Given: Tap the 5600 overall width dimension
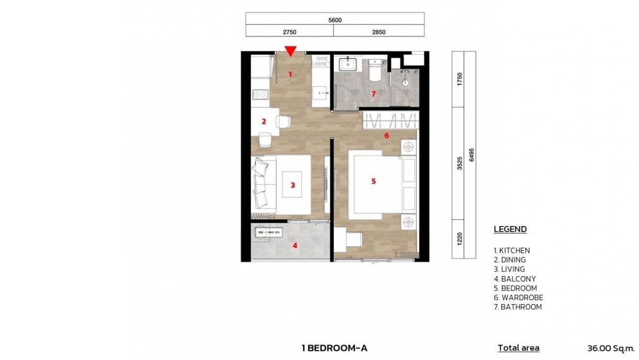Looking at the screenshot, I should point(335,20).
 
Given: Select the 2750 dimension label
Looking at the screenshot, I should point(290,32).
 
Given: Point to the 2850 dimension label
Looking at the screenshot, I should point(379,32).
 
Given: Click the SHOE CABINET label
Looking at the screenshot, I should point(319,61).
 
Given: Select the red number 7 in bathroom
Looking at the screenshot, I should point(373,93).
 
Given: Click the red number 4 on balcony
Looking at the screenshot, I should point(295,245).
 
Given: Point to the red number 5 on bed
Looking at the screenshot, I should point(373,181).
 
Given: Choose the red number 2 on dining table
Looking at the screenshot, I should point(264,121).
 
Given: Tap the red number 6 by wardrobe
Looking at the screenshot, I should point(386,135).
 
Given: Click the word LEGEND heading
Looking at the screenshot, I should point(510,229).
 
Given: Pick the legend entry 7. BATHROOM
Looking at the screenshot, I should point(518,307).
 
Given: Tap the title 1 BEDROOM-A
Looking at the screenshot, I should point(334,348).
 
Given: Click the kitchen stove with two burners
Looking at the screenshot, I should point(260,93).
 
